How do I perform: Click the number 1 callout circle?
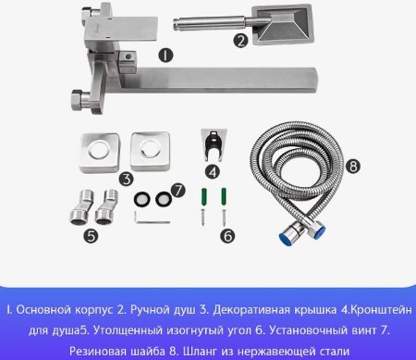tap(165, 56)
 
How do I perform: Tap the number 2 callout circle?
tap(240, 40)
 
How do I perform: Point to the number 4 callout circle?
tap(212, 170)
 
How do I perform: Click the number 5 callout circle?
tap(91, 236)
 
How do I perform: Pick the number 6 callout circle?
tap(228, 236)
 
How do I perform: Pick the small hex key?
tap(146, 218)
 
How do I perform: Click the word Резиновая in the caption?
tap(89, 351)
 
